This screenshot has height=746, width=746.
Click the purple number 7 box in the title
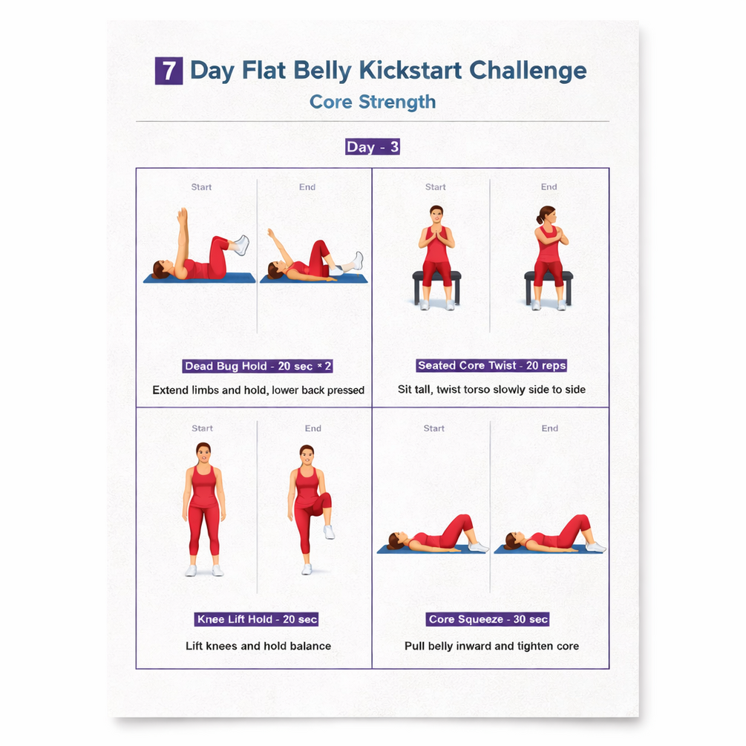click(x=169, y=71)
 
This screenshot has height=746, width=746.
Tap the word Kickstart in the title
click(x=410, y=71)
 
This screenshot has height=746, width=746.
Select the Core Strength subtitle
click(x=373, y=102)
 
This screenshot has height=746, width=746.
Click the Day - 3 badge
click(x=373, y=146)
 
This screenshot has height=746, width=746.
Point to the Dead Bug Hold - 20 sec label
click(x=258, y=366)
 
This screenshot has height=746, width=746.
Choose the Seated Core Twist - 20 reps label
click(x=492, y=365)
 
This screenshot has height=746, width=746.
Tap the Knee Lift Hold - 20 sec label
click(x=257, y=619)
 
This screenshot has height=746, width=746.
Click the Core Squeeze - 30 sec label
click(x=488, y=619)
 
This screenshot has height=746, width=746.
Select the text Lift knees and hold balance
click(x=258, y=646)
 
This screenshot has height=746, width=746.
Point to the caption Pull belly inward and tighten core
click(x=491, y=646)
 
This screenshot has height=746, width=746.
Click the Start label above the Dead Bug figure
click(x=201, y=187)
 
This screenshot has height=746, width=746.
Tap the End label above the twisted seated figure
click(x=549, y=187)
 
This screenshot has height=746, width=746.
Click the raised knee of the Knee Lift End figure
click(x=325, y=501)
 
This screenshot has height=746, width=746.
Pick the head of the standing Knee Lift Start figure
click(x=203, y=453)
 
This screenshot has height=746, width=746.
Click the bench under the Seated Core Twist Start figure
click(x=436, y=286)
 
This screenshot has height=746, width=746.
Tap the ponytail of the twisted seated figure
click(x=539, y=219)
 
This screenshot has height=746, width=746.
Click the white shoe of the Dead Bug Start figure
click(x=241, y=244)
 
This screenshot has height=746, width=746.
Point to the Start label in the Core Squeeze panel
click(x=434, y=428)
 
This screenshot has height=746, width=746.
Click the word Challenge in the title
click(x=528, y=71)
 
